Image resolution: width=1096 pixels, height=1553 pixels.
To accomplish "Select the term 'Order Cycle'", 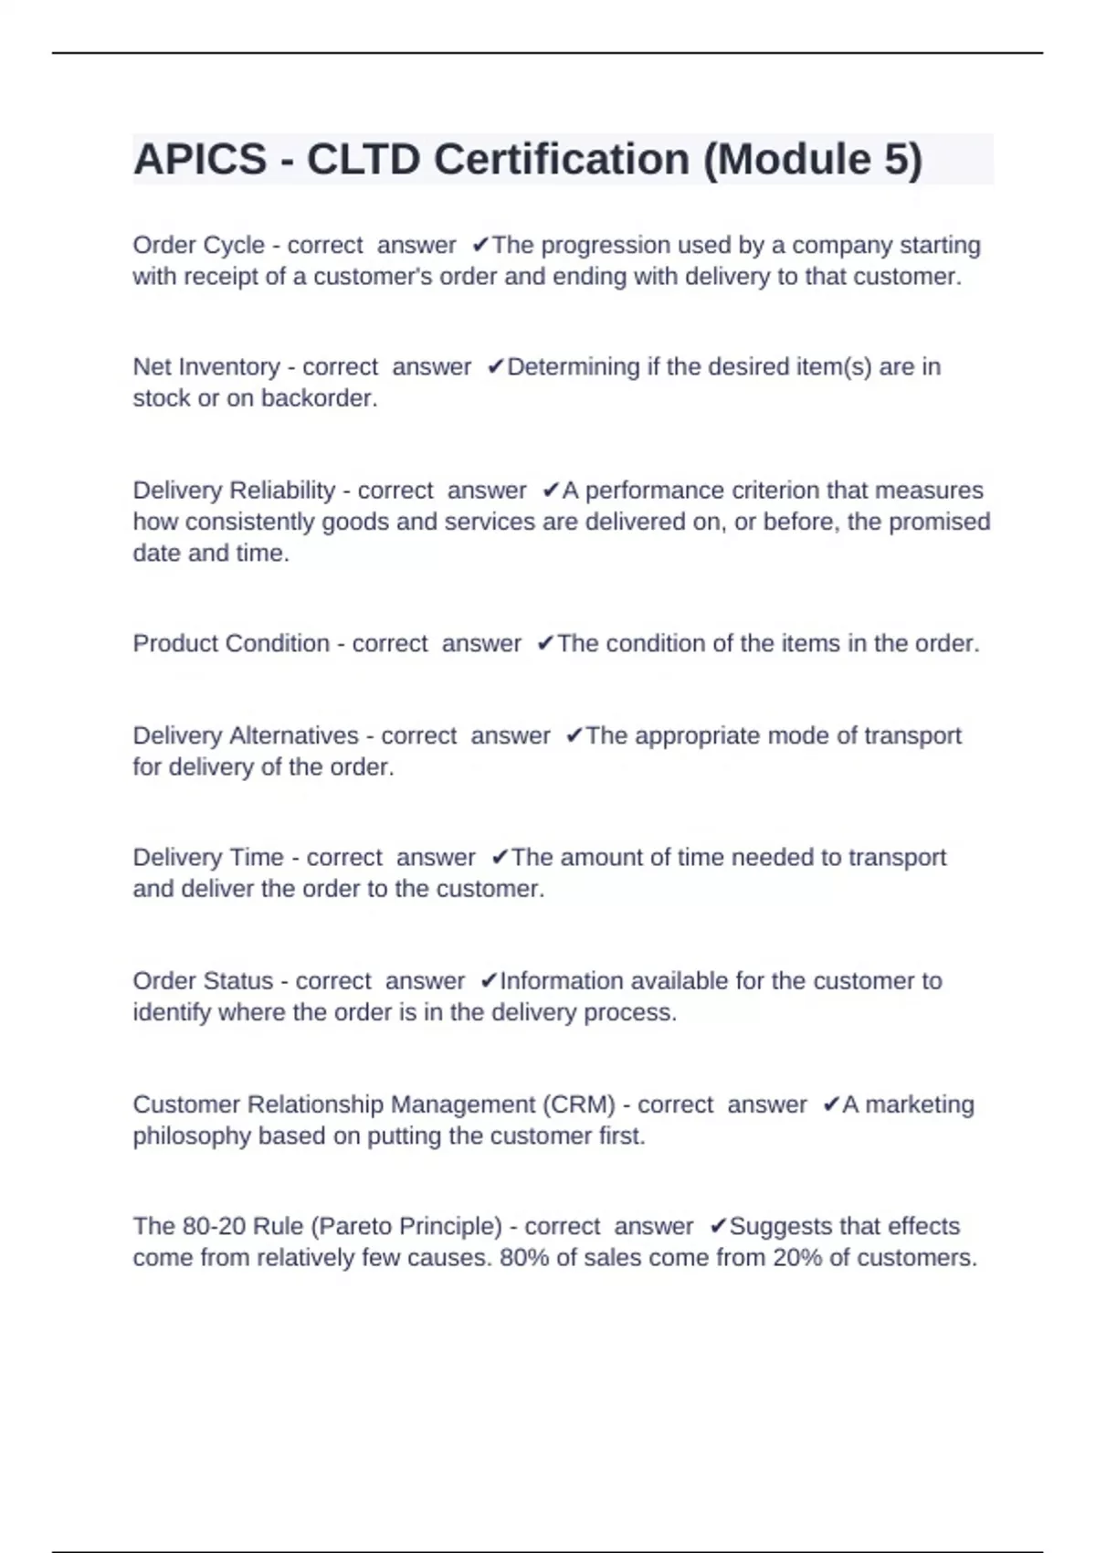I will (198, 246).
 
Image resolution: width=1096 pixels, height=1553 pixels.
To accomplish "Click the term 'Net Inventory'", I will (206, 367).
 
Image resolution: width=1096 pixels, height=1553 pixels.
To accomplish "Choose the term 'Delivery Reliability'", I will (234, 491).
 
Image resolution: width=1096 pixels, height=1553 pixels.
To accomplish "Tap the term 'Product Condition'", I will (231, 644).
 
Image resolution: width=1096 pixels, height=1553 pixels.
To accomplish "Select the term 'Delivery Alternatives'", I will (246, 736).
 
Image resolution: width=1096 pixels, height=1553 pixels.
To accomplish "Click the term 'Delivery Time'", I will (208, 858).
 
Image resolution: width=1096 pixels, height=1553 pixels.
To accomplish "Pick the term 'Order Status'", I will (203, 981).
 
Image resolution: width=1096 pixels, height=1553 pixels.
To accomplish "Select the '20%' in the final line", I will (797, 1258).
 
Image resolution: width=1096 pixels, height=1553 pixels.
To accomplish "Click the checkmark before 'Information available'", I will (489, 981).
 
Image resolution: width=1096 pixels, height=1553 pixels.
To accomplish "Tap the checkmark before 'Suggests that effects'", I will (718, 1226).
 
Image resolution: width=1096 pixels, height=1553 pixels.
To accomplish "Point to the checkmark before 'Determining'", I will (495, 367).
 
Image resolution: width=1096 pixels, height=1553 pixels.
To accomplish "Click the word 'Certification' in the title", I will (562, 160).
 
